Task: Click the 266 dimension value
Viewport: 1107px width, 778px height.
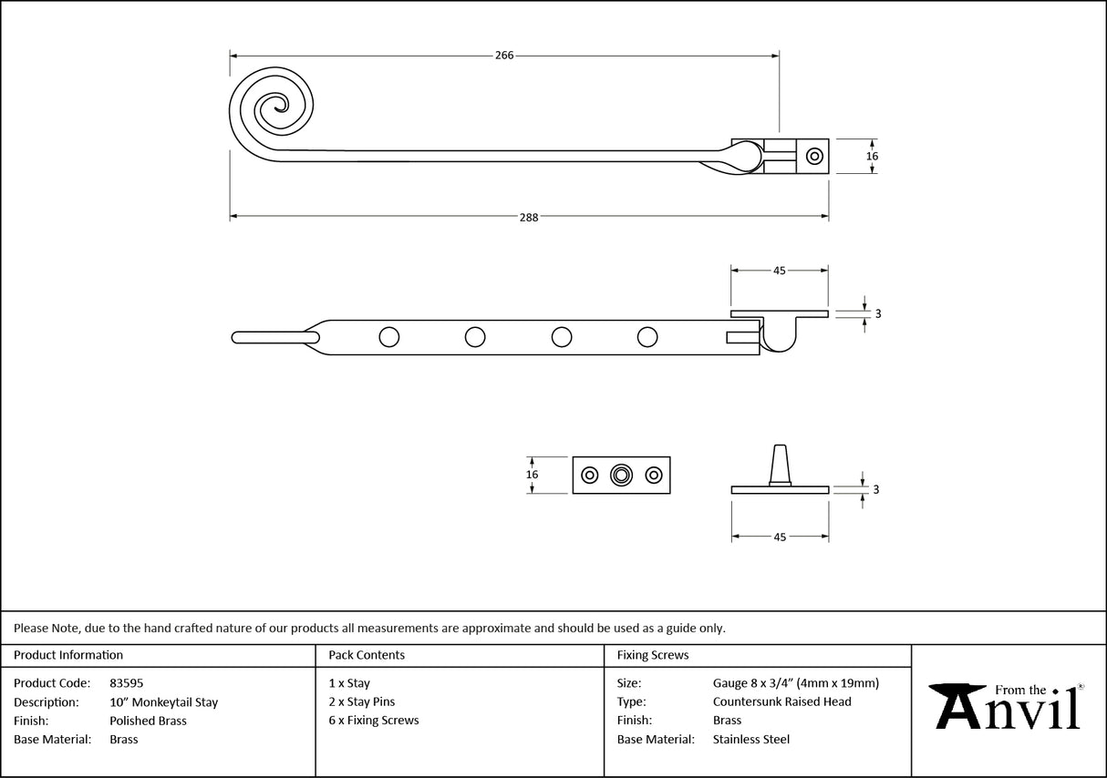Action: point(504,56)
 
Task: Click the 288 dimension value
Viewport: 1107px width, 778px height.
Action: point(529,217)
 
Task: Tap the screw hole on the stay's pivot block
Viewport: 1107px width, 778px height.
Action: point(813,156)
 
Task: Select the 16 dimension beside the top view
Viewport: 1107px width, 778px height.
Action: point(872,156)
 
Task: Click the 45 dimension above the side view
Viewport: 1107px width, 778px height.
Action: point(780,271)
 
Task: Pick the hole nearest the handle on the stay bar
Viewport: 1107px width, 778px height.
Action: point(388,337)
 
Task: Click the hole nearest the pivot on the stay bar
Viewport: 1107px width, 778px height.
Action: point(647,337)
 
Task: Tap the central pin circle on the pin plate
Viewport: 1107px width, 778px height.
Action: point(621,475)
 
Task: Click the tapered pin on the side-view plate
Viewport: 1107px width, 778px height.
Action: point(780,465)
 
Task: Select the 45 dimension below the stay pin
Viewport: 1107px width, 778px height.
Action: point(780,537)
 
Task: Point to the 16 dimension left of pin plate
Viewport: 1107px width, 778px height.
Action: point(533,475)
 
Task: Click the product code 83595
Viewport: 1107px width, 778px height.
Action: point(126,683)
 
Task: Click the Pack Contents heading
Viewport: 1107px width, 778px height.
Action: point(367,655)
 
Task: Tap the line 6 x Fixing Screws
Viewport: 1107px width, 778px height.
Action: point(374,721)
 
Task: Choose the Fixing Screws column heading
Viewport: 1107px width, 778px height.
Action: point(653,655)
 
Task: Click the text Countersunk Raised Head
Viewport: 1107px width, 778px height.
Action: point(781,701)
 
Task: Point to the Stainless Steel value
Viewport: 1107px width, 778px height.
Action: point(750,740)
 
